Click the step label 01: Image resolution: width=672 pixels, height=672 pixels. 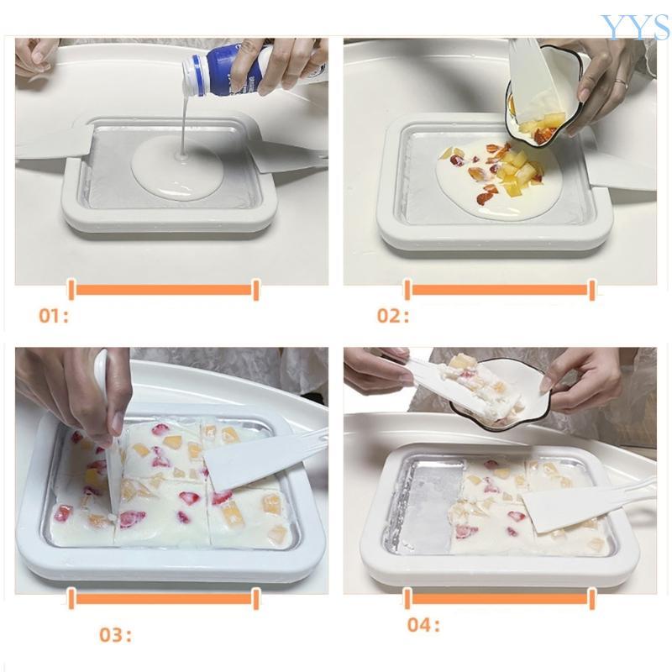(x=53, y=317)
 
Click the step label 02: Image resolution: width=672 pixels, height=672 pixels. (x=392, y=317)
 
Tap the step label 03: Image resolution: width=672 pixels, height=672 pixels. (x=115, y=635)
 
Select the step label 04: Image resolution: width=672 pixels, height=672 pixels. (x=423, y=625)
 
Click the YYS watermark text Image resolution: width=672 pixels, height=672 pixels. (x=634, y=27)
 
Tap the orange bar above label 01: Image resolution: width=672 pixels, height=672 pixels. (x=163, y=290)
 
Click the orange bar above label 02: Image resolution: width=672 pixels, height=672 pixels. (x=500, y=290)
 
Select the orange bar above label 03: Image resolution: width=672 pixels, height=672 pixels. (x=163, y=598)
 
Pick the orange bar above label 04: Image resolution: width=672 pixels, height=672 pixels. (x=500, y=598)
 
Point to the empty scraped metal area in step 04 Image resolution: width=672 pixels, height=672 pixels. (x=424, y=504)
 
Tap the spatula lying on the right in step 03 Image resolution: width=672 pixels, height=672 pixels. (x=252, y=460)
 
